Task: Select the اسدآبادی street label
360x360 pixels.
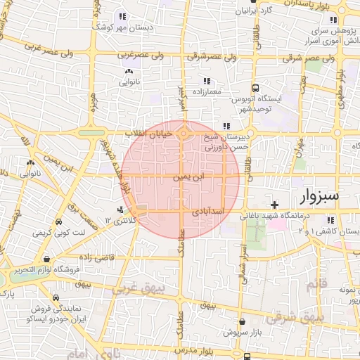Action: (x=207, y=212)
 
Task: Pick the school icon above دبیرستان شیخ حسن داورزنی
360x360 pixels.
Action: (x=225, y=127)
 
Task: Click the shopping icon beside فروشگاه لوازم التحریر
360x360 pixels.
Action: (x=46, y=258)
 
